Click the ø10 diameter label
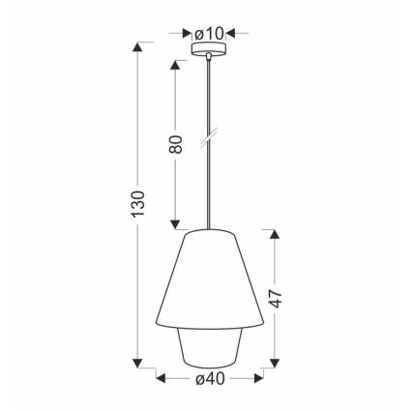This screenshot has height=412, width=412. coord(209,34)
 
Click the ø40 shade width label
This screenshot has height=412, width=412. coord(209,379)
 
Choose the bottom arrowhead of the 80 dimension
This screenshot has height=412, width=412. coord(175,221)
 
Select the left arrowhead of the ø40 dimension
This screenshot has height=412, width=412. coord(162,378)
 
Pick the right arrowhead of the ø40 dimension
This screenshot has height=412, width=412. coord(256,378)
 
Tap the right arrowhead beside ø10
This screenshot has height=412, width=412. coord(230,34)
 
